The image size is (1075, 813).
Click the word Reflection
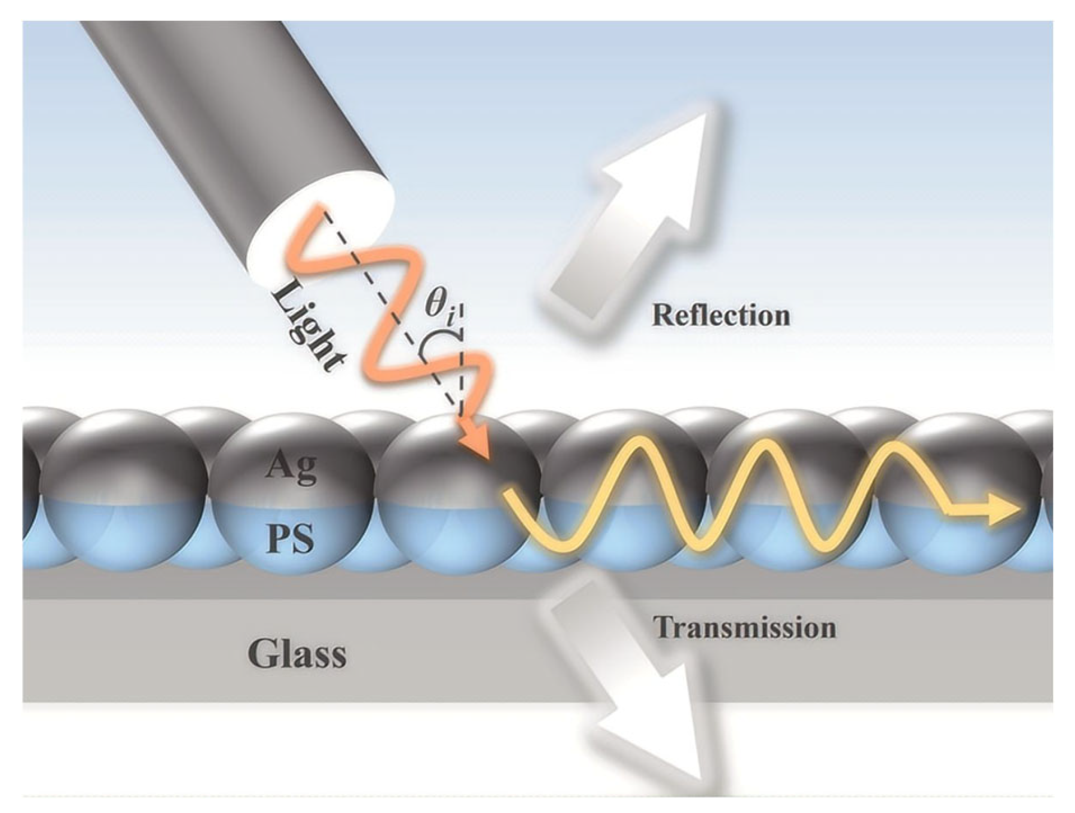(x=720, y=315)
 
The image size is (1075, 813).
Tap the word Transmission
(x=744, y=628)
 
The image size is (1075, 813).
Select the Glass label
(x=297, y=654)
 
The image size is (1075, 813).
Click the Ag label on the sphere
(x=291, y=466)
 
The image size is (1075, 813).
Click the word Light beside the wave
(x=307, y=329)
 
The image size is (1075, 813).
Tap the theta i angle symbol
(x=441, y=305)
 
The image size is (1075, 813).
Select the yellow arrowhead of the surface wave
(x=1004, y=509)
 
